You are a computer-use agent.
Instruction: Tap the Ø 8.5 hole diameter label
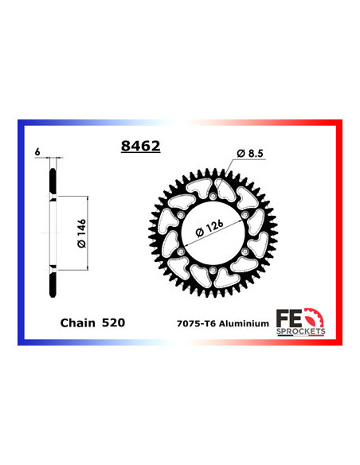tap(251, 153)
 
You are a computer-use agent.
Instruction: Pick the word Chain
tap(77, 323)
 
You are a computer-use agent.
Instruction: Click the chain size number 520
tap(112, 323)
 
